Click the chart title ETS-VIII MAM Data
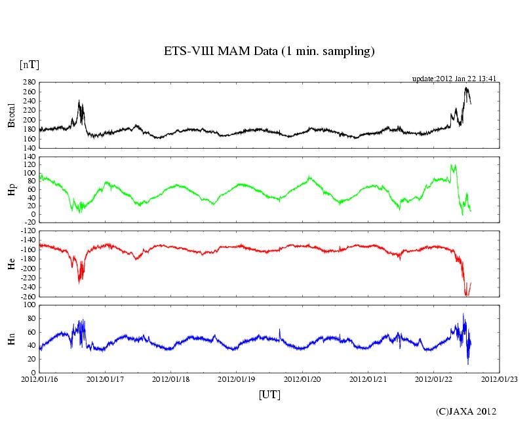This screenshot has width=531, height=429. click(269, 52)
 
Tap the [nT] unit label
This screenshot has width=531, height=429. click(29, 65)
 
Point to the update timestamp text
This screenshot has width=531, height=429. click(454, 79)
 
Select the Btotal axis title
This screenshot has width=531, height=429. click(11, 115)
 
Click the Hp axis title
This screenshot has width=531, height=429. click(11, 190)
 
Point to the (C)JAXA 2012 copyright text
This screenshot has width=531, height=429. click(466, 411)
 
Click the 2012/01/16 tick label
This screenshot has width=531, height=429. click(39, 379)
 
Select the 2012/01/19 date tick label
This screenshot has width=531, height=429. click(237, 379)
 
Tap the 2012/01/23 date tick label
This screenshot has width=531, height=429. click(500, 379)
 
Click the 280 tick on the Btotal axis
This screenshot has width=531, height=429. click(29, 83)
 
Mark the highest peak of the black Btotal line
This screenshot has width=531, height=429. click(466, 87)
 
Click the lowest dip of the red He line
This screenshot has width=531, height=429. click(466, 295)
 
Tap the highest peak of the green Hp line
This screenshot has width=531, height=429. click(452, 164)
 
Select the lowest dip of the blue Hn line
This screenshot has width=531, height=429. click(467, 364)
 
